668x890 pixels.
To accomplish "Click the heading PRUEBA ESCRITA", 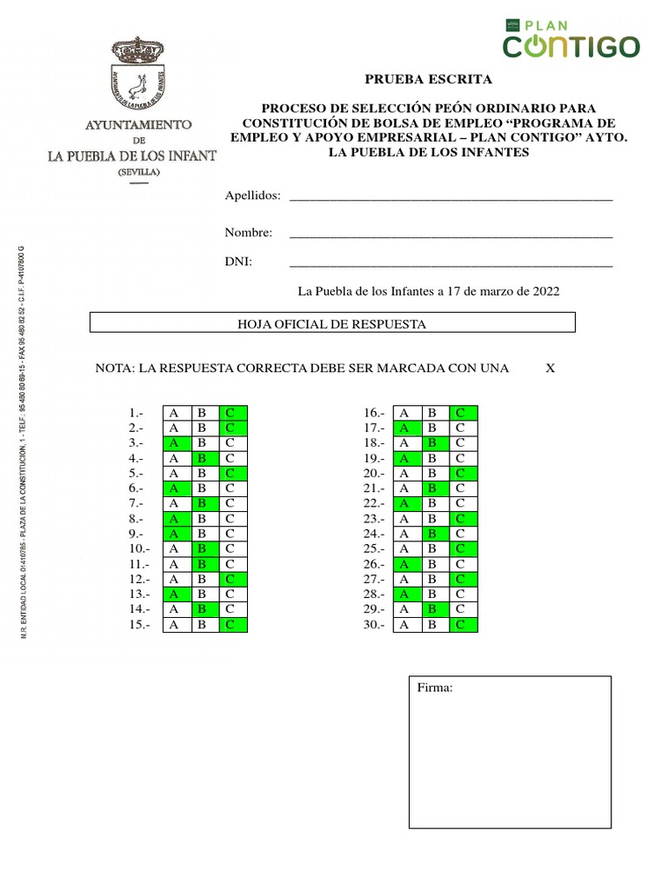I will click(x=428, y=79).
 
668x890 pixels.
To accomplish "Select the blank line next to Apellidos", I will click(x=451, y=198).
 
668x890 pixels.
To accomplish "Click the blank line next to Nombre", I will click(x=451, y=235).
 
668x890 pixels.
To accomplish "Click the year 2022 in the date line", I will click(x=544, y=291).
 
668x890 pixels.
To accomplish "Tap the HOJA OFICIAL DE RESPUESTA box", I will click(x=333, y=324).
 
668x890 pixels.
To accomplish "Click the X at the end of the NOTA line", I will click(x=550, y=369).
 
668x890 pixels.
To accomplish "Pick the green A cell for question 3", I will click(x=174, y=443).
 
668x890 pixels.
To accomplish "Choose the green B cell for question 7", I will click(x=202, y=503).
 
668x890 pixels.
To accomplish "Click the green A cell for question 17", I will click(x=404, y=428).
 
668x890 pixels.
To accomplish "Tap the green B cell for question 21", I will click(x=432, y=488).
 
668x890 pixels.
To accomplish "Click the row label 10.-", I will click(x=140, y=549).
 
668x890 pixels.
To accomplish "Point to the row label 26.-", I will click(x=373, y=564).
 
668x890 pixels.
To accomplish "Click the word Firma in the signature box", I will click(x=435, y=687).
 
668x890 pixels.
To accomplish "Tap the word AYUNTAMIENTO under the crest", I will click(x=137, y=125).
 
